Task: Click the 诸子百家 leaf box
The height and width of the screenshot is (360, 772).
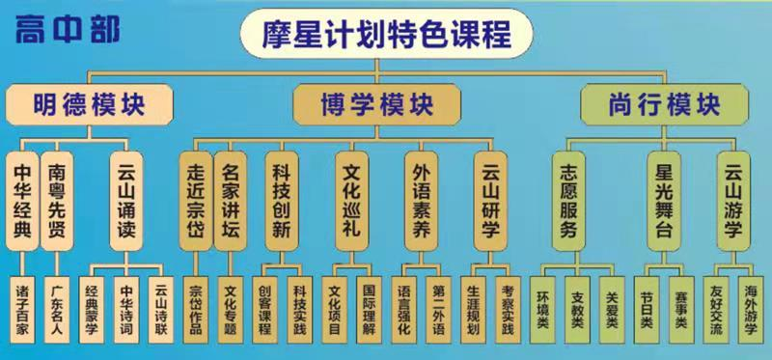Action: click(22, 311)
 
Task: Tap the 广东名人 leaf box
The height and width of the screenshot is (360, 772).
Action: click(57, 311)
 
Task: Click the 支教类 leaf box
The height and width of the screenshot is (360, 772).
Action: click(578, 311)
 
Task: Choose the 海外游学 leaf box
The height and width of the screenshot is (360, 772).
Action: click(750, 311)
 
